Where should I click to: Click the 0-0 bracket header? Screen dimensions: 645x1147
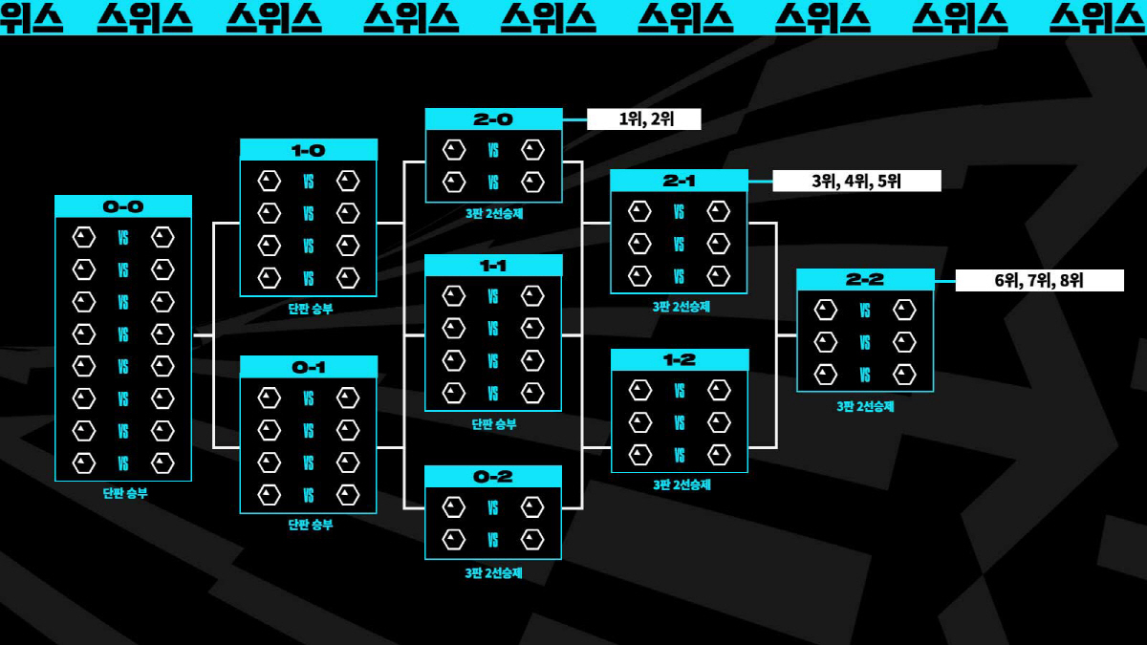(123, 206)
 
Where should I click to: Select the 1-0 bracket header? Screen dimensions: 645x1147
(309, 150)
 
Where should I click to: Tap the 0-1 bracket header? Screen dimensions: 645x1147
(309, 367)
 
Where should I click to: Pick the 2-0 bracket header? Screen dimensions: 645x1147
(493, 119)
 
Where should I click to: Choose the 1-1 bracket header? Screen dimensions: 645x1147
(493, 266)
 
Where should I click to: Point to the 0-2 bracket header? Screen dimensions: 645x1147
(493, 476)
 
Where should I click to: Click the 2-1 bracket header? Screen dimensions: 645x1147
(679, 181)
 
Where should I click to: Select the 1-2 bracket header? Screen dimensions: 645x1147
(679, 360)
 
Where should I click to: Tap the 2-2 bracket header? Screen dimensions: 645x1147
(865, 279)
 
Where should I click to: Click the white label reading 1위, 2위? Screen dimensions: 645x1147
(644, 119)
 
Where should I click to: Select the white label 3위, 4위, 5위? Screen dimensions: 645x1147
(856, 181)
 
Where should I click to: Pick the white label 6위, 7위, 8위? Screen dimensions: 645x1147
(1039, 280)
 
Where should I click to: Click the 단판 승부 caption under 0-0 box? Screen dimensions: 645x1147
(125, 494)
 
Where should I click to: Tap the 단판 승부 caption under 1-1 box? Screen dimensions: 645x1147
(494, 424)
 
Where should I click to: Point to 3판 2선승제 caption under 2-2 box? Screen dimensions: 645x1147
(866, 406)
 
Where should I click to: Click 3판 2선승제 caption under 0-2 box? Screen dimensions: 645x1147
(494, 573)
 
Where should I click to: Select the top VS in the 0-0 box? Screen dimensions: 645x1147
(123, 237)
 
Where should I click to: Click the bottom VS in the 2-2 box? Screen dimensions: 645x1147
(865, 374)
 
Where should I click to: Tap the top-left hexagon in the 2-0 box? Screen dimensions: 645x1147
(454, 150)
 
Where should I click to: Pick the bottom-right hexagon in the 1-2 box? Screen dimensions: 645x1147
(718, 454)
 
